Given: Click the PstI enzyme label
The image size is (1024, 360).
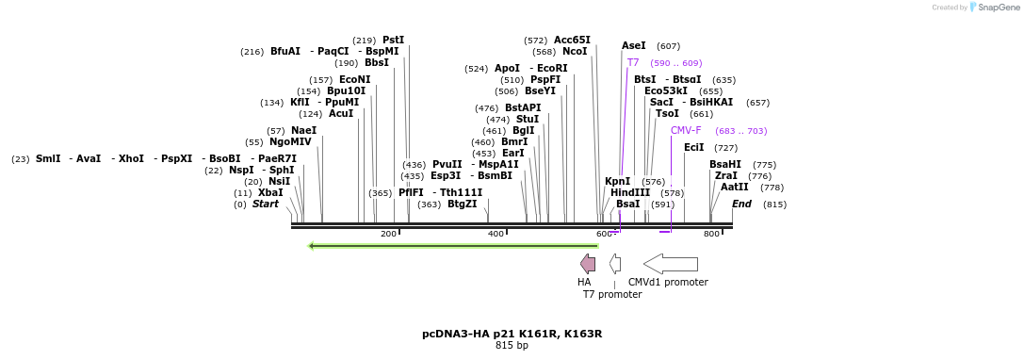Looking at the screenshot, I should (393, 40).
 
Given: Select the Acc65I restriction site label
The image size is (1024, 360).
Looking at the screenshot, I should (572, 40).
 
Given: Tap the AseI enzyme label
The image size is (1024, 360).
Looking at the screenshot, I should (634, 45).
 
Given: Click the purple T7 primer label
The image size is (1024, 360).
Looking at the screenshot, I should (633, 62).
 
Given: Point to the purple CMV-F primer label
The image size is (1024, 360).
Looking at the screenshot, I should (686, 130).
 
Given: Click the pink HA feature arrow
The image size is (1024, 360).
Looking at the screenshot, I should (588, 264).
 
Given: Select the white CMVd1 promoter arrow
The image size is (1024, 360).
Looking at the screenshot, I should (670, 264).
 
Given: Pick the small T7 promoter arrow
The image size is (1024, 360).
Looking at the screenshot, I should (614, 264).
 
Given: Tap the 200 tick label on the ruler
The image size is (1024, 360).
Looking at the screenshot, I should (388, 234).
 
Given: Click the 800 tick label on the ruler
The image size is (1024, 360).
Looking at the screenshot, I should (711, 234).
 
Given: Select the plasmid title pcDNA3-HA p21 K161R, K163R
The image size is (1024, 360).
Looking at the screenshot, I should (512, 334).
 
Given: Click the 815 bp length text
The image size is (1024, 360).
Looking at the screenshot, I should (512, 346).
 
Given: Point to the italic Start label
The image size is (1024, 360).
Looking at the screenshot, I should (266, 204).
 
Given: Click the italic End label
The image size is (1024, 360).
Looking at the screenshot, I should (741, 204).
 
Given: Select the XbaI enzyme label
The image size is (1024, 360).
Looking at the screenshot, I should (270, 192).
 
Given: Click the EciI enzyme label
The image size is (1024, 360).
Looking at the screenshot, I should (693, 147).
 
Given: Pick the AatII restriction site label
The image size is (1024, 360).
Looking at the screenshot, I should (735, 187).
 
